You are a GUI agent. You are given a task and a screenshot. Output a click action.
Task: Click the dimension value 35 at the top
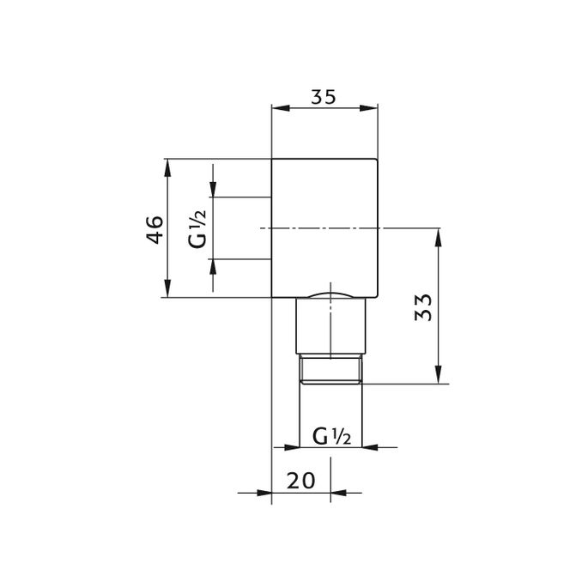pyautogui.click(x=323, y=97)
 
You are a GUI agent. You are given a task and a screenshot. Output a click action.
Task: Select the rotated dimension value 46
pyautogui.click(x=155, y=228)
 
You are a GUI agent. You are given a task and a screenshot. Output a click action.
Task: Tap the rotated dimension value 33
pyautogui.click(x=421, y=306)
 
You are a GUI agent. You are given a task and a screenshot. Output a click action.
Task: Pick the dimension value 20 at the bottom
pyautogui.click(x=301, y=480)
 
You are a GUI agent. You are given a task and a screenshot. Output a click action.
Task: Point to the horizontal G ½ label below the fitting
pyautogui.click(x=330, y=437)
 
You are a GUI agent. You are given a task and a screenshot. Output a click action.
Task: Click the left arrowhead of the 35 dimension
pyautogui.click(x=277, y=108)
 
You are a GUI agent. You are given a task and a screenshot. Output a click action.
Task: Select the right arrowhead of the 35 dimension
pyautogui.click(x=371, y=108)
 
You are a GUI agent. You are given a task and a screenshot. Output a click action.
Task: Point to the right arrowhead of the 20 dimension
pyautogui.click(x=338, y=493)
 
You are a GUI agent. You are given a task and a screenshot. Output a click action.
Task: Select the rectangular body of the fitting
pyautogui.click(x=324, y=228)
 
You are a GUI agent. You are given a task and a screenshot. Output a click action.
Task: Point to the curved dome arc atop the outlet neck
pyautogui.click(x=330, y=294)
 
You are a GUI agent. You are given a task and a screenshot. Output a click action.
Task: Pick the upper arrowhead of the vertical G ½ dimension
pyautogui.click(x=214, y=190)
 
